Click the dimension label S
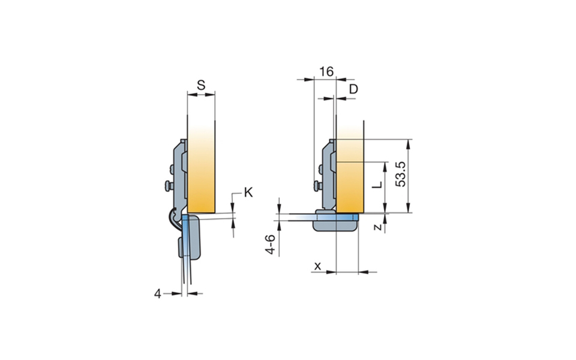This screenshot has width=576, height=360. click(x=200, y=85)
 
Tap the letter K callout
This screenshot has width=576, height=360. click(x=248, y=192)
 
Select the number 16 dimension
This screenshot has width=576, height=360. click(x=326, y=71)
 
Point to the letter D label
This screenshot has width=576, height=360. click(x=353, y=89)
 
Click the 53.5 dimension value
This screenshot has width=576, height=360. click(x=401, y=174)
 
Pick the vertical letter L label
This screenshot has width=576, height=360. click(x=377, y=185)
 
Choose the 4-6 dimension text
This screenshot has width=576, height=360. click(x=270, y=245)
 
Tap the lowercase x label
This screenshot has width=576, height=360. click(x=318, y=265)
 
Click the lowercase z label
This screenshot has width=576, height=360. click(x=377, y=227)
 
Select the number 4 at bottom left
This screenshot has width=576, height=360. click(x=158, y=293)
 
